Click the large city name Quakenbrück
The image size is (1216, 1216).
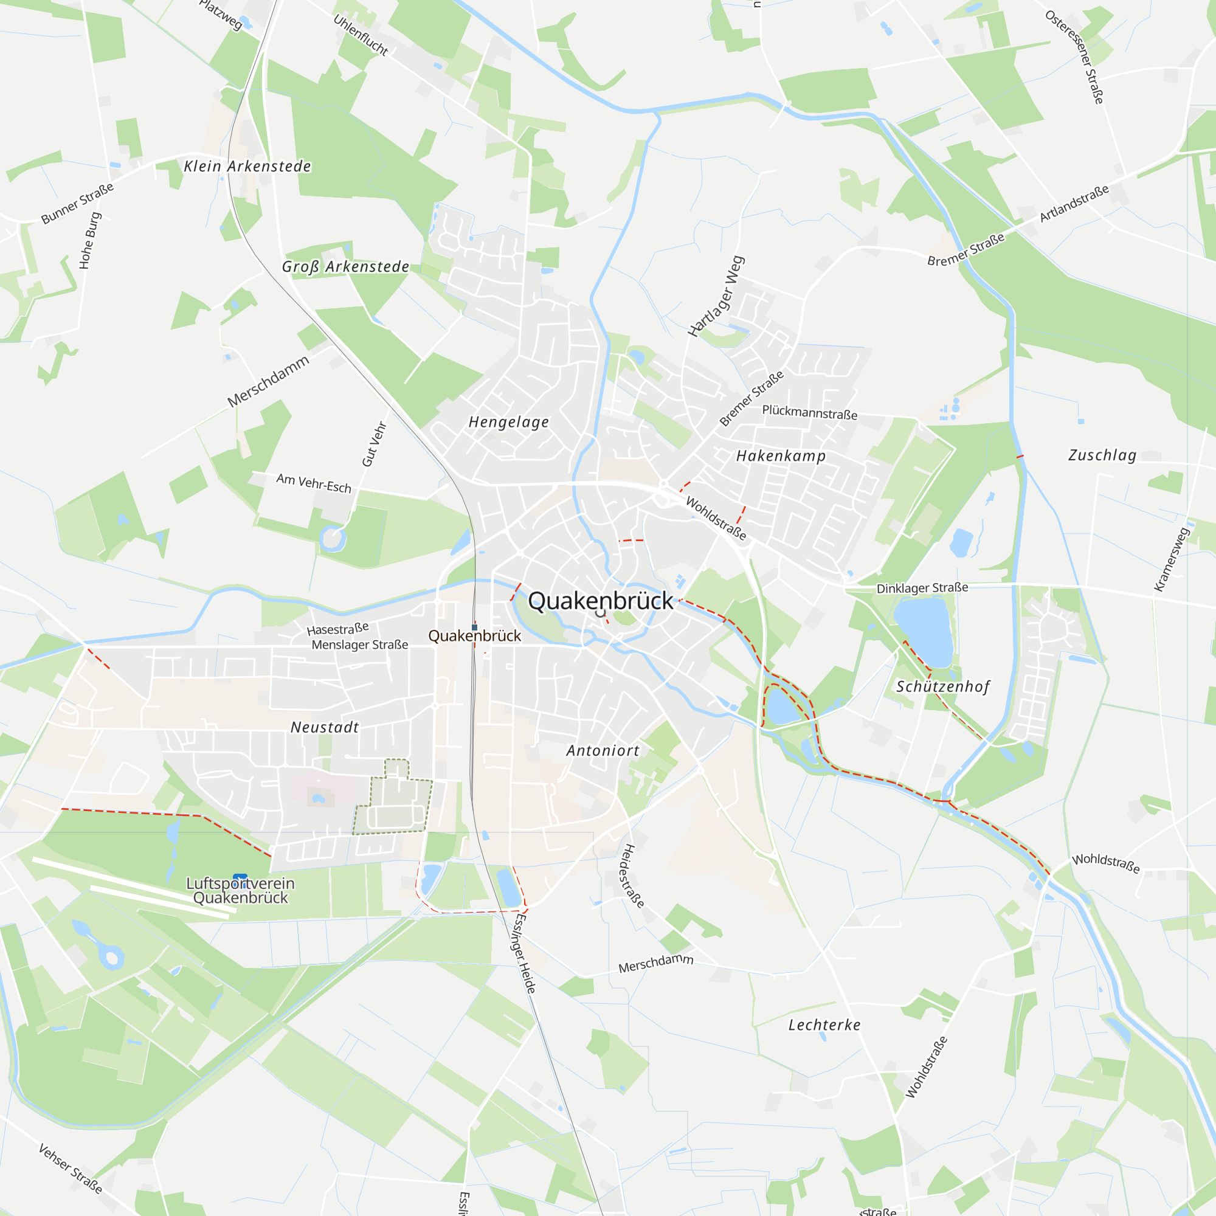[601, 601]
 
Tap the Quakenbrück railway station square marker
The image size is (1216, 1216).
[475, 627]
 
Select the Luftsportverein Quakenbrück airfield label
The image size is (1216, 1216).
[240, 891]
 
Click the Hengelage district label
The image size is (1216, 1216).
[508, 422]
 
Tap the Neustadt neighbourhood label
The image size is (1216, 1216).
[325, 727]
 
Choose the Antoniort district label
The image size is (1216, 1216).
[603, 750]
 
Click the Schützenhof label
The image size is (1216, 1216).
[943, 686]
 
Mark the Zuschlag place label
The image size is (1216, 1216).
[1102, 455]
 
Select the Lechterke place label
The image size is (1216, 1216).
[824, 1024]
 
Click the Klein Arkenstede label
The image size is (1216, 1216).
[247, 166]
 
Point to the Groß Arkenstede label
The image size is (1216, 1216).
[345, 267]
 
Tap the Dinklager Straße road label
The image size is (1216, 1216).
[922, 588]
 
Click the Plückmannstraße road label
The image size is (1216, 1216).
[809, 412]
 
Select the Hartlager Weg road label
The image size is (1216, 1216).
[716, 297]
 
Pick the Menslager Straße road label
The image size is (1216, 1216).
[360, 644]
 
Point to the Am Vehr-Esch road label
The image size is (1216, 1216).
[314, 483]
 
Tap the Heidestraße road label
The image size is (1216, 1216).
[632, 876]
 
